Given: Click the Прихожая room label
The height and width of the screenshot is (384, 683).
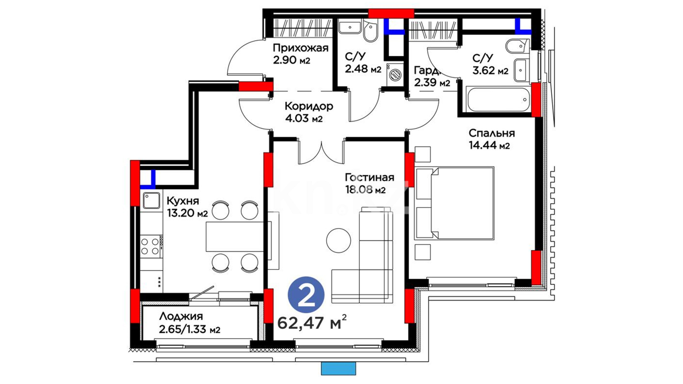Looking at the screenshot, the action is pyautogui.click(x=301, y=48).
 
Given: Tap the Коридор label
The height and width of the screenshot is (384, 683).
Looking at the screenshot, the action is pyautogui.click(x=309, y=106).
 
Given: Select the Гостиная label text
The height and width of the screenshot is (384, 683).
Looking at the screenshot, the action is pyautogui.click(x=370, y=177).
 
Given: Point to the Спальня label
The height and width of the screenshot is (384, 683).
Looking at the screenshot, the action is pyautogui.click(x=492, y=133).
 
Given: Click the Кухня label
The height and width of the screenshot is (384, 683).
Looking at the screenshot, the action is pyautogui.click(x=182, y=201).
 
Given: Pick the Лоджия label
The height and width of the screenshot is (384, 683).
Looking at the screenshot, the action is pyautogui.click(x=181, y=316).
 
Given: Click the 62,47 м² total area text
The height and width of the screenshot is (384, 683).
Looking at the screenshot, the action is pyautogui.click(x=312, y=322).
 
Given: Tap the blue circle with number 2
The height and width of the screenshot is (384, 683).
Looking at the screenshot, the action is pyautogui.click(x=306, y=295).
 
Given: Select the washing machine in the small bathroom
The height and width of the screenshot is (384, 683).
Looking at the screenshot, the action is pyautogui.click(x=395, y=74).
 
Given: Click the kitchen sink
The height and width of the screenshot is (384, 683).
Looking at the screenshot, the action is pyautogui.click(x=152, y=201).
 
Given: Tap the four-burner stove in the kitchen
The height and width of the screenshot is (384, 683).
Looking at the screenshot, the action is pyautogui.click(x=151, y=246).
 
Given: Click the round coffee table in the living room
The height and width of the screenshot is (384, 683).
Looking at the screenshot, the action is pyautogui.click(x=339, y=240).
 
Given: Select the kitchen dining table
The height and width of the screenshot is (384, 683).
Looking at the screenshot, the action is pyautogui.click(x=235, y=237).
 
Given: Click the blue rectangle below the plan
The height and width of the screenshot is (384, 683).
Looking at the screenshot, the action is pyautogui.click(x=338, y=368).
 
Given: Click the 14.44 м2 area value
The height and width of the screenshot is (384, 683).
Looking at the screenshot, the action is pyautogui.click(x=489, y=145).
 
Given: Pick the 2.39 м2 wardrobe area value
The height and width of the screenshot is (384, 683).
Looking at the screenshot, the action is pyautogui.click(x=432, y=82).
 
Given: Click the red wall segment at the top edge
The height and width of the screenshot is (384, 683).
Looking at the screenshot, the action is pyautogui.click(x=391, y=14).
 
